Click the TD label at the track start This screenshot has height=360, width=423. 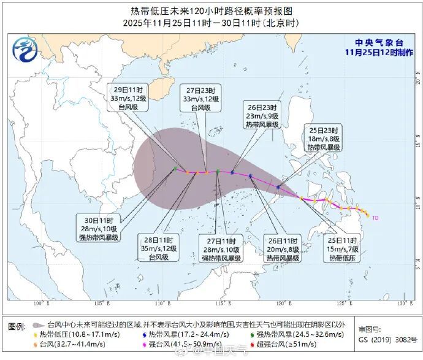[x=375, y=217]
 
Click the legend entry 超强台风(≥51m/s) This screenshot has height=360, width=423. [x=283, y=345]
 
